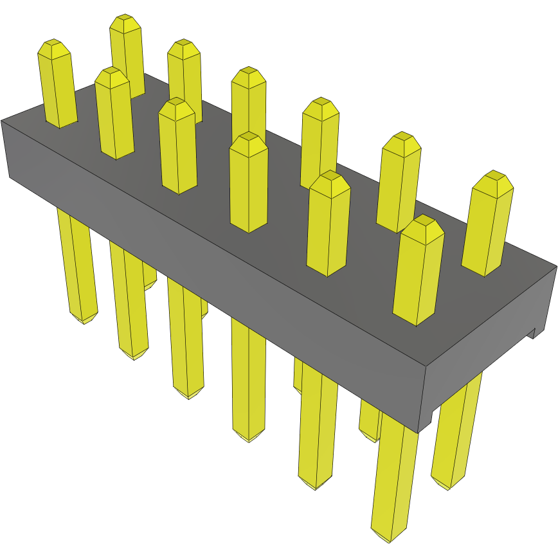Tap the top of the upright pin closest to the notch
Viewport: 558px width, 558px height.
pyautogui.click(x=493, y=176)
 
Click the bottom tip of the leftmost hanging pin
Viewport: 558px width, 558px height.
pyautogui.click(x=84, y=321)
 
